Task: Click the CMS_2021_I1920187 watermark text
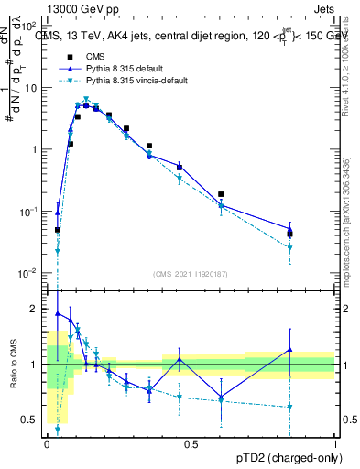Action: (x=190, y=274)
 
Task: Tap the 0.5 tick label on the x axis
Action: (x=191, y=442)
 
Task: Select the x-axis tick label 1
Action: (x=334, y=442)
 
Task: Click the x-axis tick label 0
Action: (x=47, y=442)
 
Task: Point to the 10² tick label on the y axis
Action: (x=30, y=26)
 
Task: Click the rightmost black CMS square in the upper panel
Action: (x=289, y=234)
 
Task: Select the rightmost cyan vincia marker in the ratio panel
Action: (x=289, y=407)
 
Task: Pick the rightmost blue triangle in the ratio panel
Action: (x=289, y=349)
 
